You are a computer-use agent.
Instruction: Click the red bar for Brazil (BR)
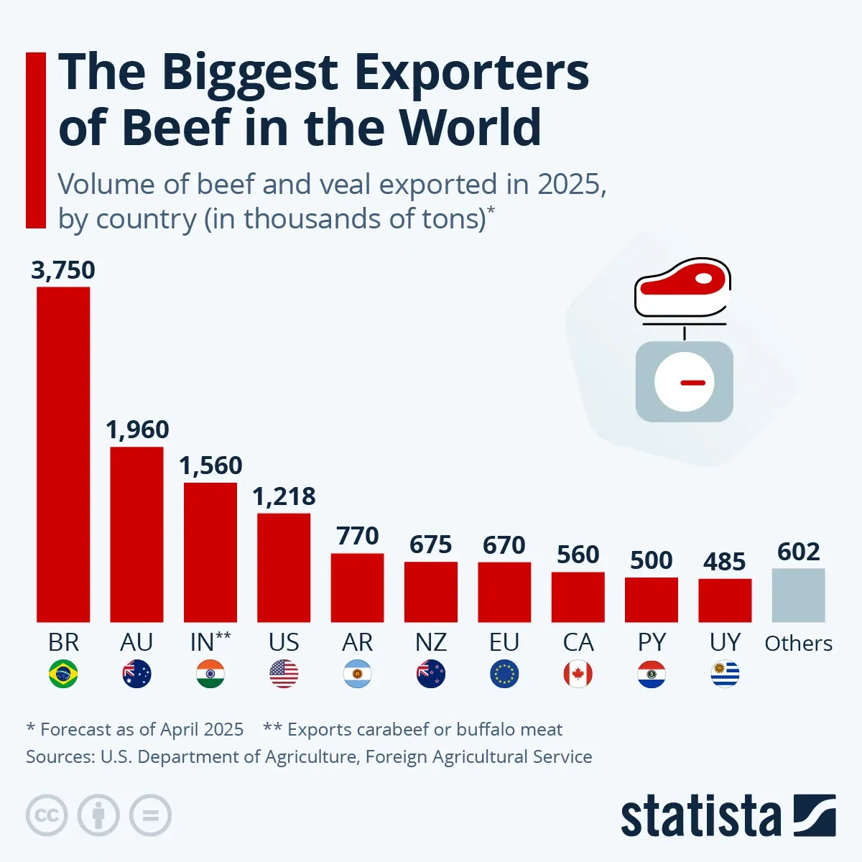63,454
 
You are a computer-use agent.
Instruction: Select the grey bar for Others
798,595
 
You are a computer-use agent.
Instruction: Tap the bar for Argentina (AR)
357,588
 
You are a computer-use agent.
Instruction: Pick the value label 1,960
137,430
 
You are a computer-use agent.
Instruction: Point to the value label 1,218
284,496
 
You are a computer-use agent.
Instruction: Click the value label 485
724,562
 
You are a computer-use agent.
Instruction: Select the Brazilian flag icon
63,675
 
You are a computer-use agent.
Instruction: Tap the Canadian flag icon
578,675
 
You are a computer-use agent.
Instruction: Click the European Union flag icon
504,675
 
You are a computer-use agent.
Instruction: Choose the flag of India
210,675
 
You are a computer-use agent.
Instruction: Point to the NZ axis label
431,642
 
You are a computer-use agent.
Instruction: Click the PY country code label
652,642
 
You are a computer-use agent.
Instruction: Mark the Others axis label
798,644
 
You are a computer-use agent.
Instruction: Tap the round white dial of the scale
684,382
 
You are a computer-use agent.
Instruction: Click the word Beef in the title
175,127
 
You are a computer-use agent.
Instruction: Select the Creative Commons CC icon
47,815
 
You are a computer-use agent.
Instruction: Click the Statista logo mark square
815,815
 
